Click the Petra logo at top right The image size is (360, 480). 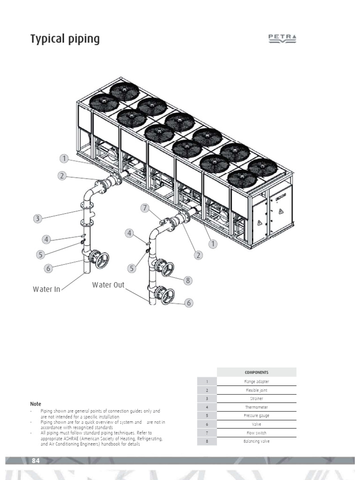[x=282, y=39]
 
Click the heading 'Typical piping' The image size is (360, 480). [x=65, y=39]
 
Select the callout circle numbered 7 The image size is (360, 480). [x=145, y=208]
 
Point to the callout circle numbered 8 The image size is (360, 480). [x=188, y=281]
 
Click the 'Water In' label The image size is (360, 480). [x=46, y=289]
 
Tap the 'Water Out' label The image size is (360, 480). [x=108, y=285]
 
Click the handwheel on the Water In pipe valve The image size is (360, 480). [x=101, y=260]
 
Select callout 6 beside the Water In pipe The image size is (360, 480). [x=48, y=268]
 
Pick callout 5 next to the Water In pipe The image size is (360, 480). [x=41, y=255]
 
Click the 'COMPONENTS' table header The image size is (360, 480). [x=256, y=373]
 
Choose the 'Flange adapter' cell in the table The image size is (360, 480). [x=256, y=382]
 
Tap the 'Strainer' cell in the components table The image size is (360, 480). [x=256, y=398]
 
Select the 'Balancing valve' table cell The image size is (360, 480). [x=256, y=441]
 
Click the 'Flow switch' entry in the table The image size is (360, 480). [x=256, y=433]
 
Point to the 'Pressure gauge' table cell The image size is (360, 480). [x=256, y=416]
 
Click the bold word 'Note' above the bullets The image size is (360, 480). [x=36, y=404]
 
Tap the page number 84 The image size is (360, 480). [x=36, y=461]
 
